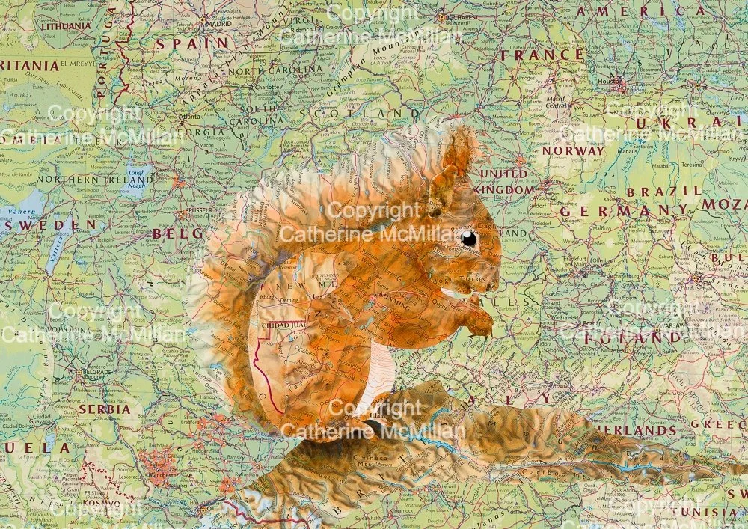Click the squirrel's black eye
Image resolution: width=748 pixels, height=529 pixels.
(468, 239)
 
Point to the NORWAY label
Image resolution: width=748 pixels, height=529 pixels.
(572, 150)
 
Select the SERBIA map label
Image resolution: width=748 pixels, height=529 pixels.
(105, 409)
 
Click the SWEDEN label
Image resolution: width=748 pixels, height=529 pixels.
(48, 224)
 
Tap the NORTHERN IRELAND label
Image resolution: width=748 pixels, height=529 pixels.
(95, 180)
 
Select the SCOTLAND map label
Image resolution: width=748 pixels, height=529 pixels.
(360, 114)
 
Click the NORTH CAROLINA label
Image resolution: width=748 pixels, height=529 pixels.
(276, 70)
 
